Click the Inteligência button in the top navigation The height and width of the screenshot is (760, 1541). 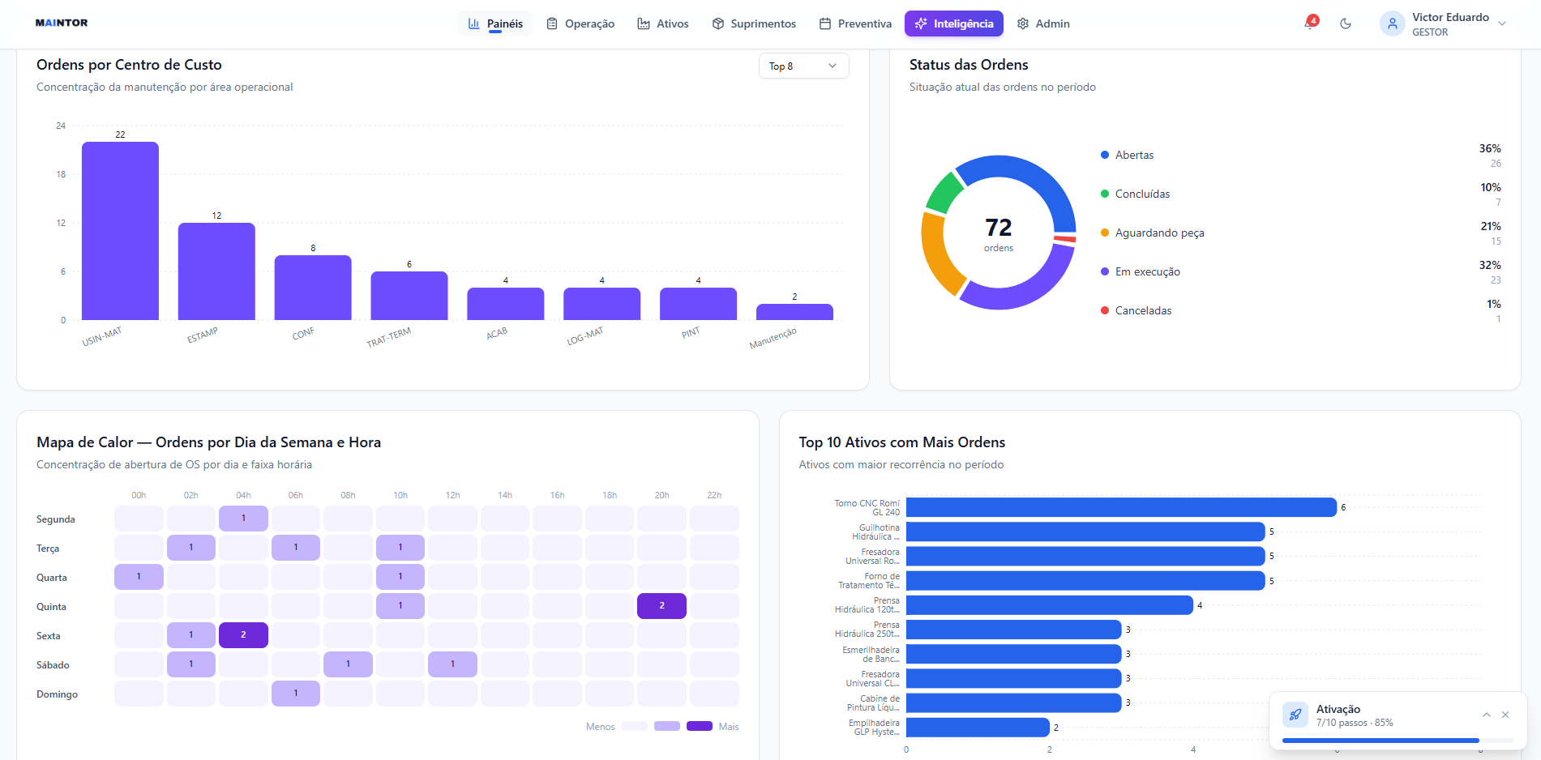point(953,23)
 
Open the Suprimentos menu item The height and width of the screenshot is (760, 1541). point(754,23)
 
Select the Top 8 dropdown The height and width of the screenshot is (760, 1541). point(803,66)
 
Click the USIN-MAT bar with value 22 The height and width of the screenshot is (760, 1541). point(120,231)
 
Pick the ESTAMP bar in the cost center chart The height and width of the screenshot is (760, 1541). point(216,271)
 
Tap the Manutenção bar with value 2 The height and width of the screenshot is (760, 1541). point(794,312)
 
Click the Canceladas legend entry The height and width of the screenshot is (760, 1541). point(1136,310)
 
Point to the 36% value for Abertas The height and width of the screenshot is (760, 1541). point(1490,148)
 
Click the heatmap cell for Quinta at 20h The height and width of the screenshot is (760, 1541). point(661,606)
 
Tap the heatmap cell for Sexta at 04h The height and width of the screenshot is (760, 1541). point(243,635)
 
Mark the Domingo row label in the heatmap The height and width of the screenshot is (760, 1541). point(57,694)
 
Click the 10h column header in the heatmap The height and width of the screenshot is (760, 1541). point(400,495)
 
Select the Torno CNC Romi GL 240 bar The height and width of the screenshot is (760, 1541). point(1121,507)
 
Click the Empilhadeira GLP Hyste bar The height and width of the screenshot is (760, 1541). point(978,728)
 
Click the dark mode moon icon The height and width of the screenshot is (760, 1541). point(1346,23)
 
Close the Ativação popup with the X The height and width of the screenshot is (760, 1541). point(1505,715)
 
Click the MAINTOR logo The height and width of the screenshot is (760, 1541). point(62,23)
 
